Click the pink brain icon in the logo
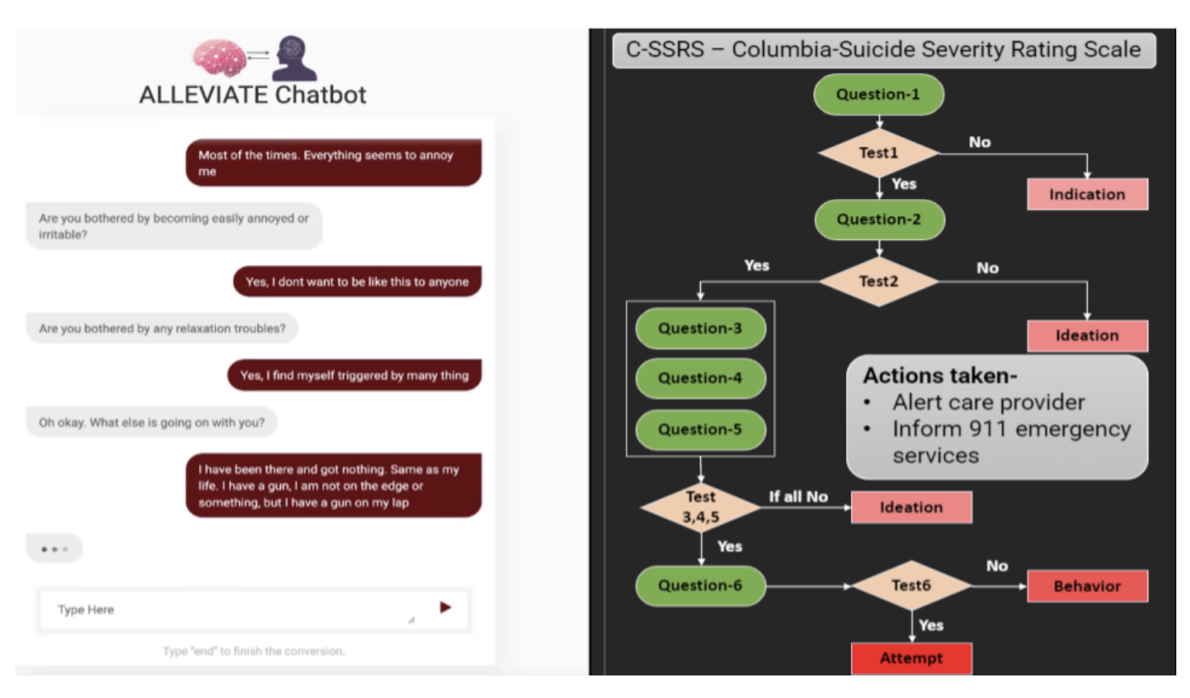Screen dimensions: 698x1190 pos(219,57)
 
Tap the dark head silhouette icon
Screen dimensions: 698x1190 pos(294,58)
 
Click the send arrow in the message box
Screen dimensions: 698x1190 pos(445,607)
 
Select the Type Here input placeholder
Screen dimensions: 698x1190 pos(86,610)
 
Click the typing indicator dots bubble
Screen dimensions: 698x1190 pos(54,549)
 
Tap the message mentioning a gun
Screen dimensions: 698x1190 pos(334,485)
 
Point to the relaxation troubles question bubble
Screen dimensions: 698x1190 pos(162,328)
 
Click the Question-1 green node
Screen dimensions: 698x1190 pos(878,94)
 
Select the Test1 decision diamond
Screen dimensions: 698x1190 pos(878,153)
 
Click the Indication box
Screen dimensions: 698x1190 pos(1087,194)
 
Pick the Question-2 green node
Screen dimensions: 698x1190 pos(879,219)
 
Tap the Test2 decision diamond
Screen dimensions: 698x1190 pos(878,281)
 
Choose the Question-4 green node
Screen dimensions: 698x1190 pos(700,378)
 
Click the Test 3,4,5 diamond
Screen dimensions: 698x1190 pos(701,507)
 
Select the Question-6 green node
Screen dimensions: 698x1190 pos(700,586)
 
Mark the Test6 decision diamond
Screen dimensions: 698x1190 pos(911,586)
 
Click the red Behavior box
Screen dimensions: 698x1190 pos(1087,586)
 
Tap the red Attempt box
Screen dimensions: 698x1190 pos(911,658)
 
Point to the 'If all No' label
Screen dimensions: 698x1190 pos(798,497)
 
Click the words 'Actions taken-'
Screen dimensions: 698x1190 pos(940,376)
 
